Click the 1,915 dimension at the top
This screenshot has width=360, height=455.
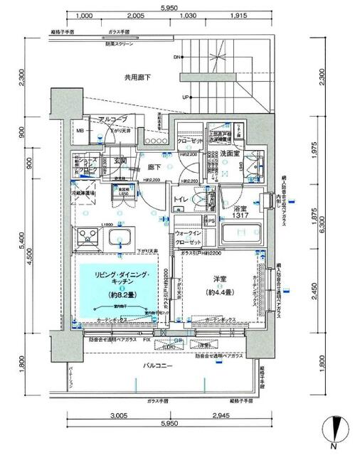[238, 15]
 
